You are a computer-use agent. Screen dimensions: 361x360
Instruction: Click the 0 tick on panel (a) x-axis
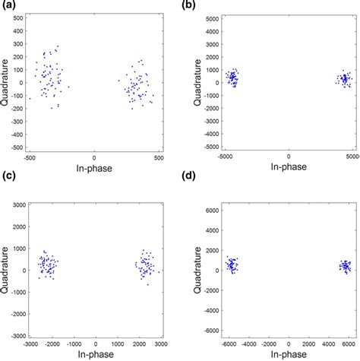94,158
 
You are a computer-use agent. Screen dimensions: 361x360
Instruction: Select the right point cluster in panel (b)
344,79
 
